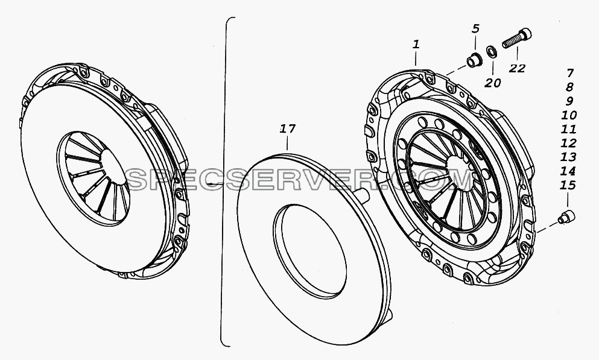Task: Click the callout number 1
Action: (x=416, y=44)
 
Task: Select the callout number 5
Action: (x=475, y=28)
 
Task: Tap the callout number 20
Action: (x=492, y=83)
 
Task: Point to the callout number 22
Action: (x=517, y=68)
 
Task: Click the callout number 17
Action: (x=288, y=128)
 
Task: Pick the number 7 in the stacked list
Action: (x=570, y=72)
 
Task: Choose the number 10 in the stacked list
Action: (x=569, y=115)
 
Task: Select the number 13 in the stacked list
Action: (x=568, y=157)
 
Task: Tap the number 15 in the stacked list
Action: (x=568, y=185)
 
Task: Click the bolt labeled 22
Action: (x=517, y=38)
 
